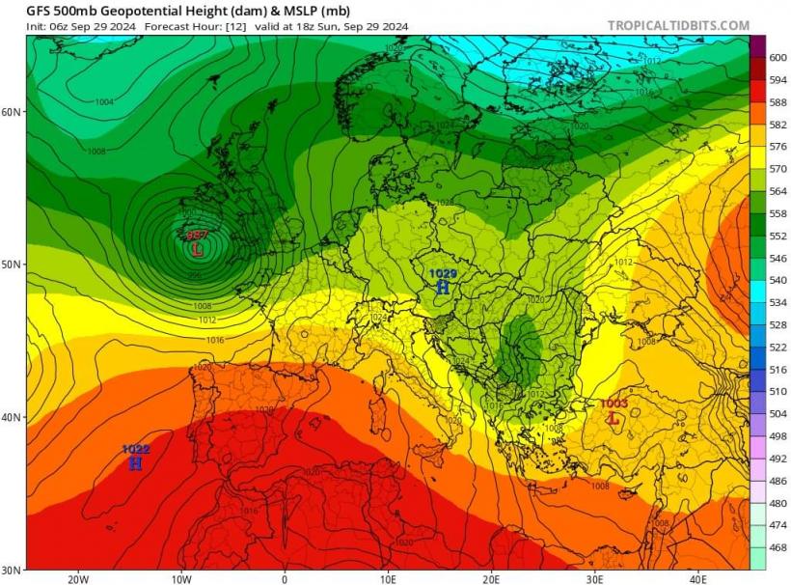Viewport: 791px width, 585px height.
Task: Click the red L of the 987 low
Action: tap(198, 249)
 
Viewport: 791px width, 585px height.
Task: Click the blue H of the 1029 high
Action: tap(443, 287)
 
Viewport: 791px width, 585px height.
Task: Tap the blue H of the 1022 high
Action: tap(135, 463)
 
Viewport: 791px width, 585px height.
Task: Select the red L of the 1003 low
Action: tap(613, 418)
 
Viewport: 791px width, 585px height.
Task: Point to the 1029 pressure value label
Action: tap(443, 274)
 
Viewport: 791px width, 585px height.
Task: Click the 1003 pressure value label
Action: tap(614, 404)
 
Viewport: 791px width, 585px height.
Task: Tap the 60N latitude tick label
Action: tap(12, 112)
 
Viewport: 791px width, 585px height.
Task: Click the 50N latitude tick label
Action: tap(12, 265)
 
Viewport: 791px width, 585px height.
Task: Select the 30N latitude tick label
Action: tap(12, 570)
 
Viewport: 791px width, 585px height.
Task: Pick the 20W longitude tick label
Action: tap(77, 579)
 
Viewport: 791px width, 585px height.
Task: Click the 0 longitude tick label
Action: tap(285, 579)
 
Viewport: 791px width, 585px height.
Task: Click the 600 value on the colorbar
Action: tap(777, 58)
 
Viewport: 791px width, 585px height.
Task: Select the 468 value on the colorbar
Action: tap(777, 547)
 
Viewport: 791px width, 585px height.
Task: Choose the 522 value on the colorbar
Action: tap(777, 347)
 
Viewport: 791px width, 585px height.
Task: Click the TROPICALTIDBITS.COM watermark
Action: tap(678, 26)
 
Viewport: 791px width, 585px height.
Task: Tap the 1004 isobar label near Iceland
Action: tap(104, 101)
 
